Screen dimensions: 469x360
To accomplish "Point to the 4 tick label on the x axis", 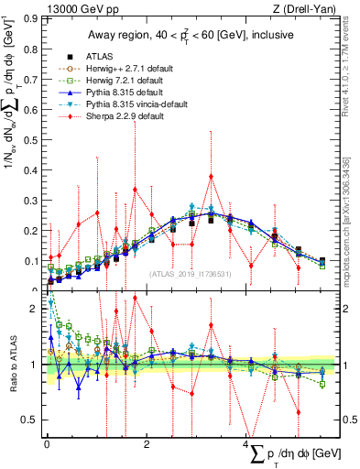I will [x=246, y=444].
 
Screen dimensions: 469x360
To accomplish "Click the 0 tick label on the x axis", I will [x=48, y=444].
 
